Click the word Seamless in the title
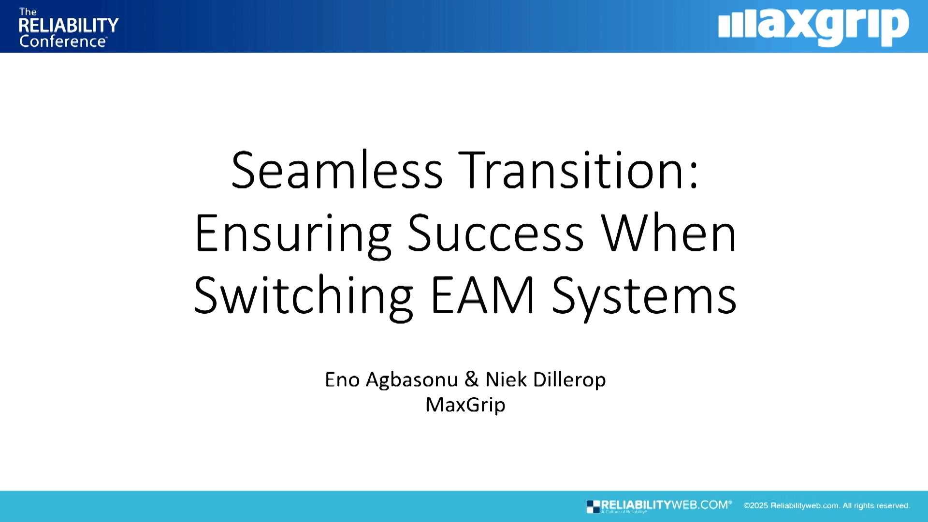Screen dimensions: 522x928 pos(337,170)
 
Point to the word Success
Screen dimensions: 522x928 pos(495,234)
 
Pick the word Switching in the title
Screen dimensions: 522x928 pos(303,296)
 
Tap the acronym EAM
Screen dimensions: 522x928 pos(482,296)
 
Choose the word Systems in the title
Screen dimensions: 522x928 pos(644,296)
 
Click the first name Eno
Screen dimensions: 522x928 pos(342,380)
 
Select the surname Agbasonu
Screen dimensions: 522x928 pos(412,380)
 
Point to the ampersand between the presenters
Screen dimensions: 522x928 pos(471,380)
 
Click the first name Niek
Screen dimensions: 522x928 pos(506,380)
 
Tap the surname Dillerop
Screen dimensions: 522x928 pos(569,380)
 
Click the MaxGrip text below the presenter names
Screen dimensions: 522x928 pos(465,405)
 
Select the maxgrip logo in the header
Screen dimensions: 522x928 pos(813,27)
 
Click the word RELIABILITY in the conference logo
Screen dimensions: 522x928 pos(69,25)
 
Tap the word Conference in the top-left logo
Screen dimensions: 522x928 pos(62,42)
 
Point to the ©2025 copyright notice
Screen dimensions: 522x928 pos(826,506)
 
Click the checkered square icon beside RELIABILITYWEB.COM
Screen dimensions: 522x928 pos(593,507)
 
